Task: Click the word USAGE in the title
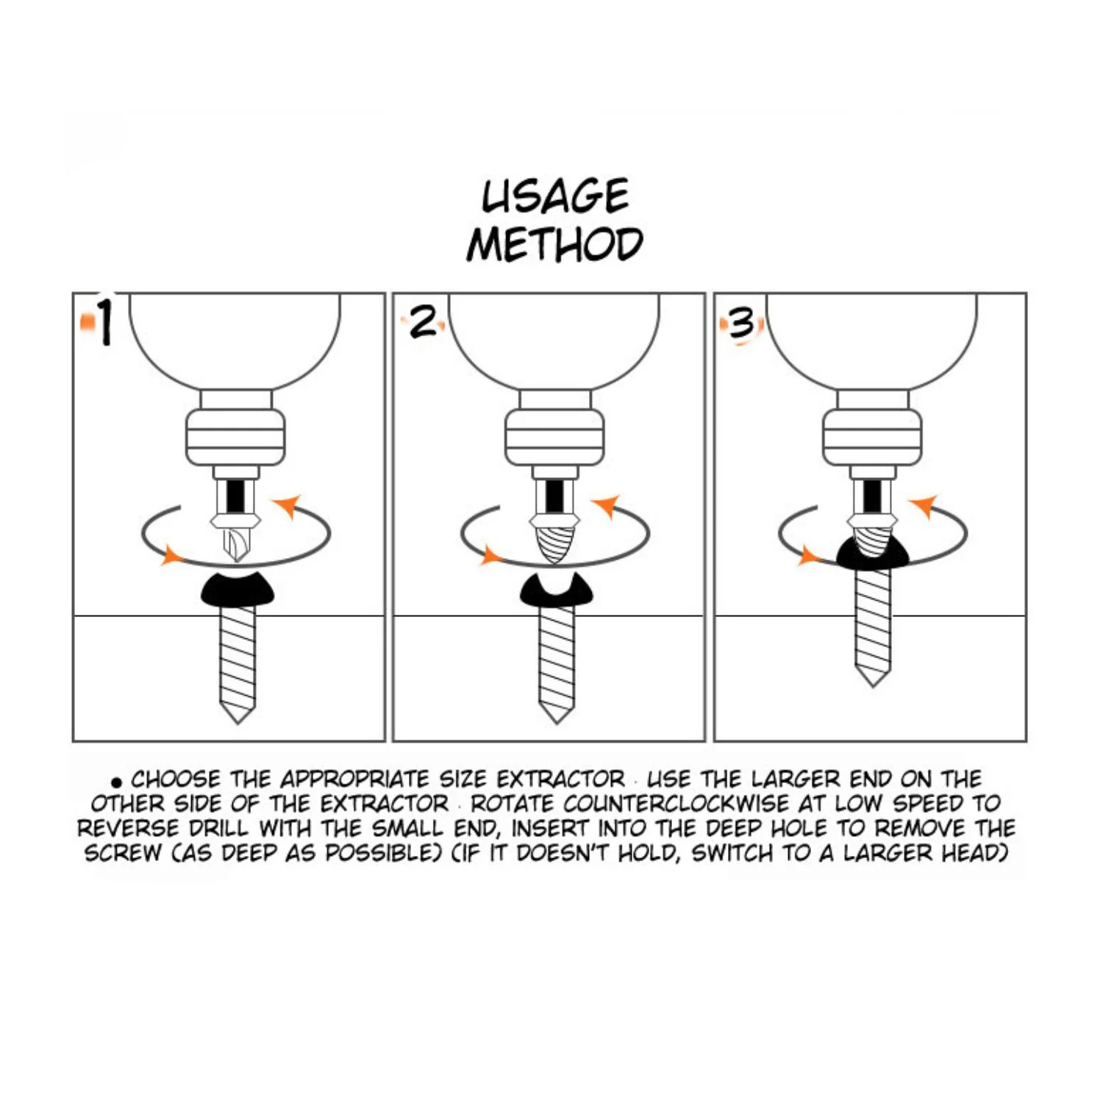555,196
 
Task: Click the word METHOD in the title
555,244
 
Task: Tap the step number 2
423,322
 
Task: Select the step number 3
741,324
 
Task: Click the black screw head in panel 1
238,588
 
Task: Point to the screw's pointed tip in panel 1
238,722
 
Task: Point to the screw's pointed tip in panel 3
873,685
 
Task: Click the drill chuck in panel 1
235,438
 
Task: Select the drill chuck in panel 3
872,438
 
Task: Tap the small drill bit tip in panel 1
235,544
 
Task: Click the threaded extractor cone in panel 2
554,540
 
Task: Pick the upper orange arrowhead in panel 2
609,507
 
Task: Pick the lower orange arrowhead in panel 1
171,554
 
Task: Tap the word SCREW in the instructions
123,853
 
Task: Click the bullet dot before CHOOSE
116,782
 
